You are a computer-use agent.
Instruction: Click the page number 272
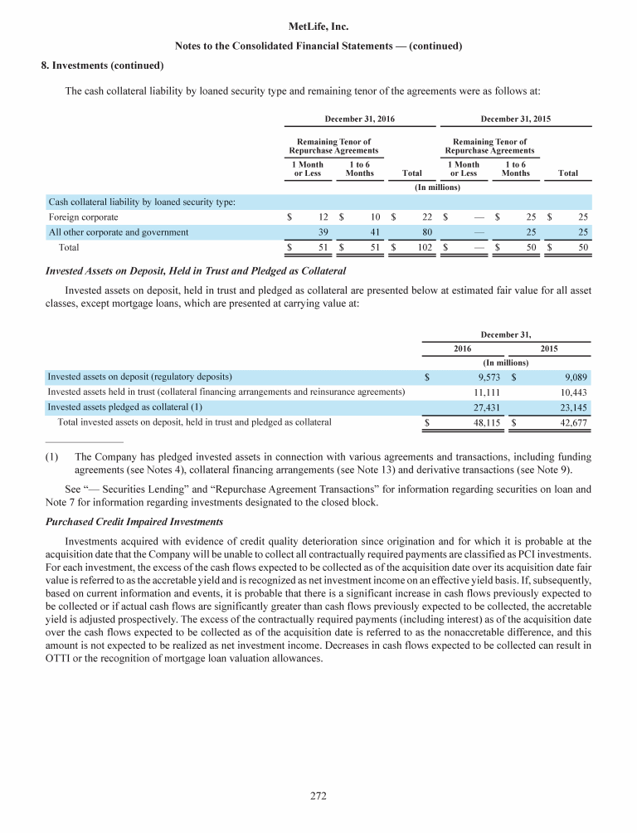pyautogui.click(x=318, y=796)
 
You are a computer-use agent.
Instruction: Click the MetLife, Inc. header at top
pyautogui.click(x=318, y=27)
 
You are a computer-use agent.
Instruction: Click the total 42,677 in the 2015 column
pyautogui.click(x=571, y=422)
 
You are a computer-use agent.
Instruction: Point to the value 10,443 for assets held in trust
pyautogui.click(x=571, y=392)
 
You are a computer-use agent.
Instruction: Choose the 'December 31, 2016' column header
pyautogui.click(x=358, y=119)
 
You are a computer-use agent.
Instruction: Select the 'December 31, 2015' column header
pyautogui.click(x=514, y=119)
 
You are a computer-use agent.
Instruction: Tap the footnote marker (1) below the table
pyautogui.click(x=51, y=456)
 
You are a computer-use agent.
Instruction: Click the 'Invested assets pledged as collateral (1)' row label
pyautogui.click(x=124, y=407)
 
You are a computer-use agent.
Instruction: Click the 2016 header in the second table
pyautogui.click(x=461, y=348)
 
